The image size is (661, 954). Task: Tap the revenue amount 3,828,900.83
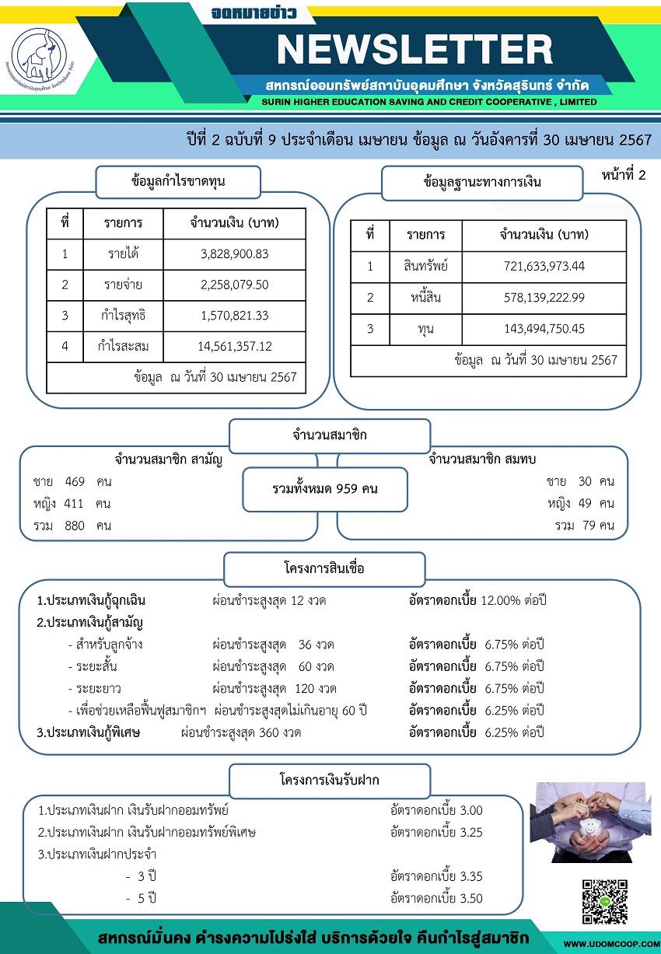tap(234, 253)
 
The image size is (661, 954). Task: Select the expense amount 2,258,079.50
tap(234, 285)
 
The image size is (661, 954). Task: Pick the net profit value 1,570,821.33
tap(234, 316)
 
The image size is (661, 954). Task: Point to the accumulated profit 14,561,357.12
tap(234, 346)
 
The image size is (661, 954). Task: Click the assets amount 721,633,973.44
tap(544, 267)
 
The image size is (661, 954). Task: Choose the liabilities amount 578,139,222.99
tap(544, 297)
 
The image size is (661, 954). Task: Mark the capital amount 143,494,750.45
tap(544, 328)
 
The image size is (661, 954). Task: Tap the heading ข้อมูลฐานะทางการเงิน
tap(482, 183)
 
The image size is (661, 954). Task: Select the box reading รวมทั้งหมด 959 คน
tap(325, 489)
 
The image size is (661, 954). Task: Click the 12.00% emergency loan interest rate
tap(500, 600)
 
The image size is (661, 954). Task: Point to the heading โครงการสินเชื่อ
tap(324, 568)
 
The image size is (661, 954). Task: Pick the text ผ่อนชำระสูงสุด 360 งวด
tap(240, 732)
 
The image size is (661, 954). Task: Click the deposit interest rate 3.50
tap(471, 898)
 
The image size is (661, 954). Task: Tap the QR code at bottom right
tap(604, 903)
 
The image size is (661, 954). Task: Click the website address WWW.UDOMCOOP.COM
tap(610, 944)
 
